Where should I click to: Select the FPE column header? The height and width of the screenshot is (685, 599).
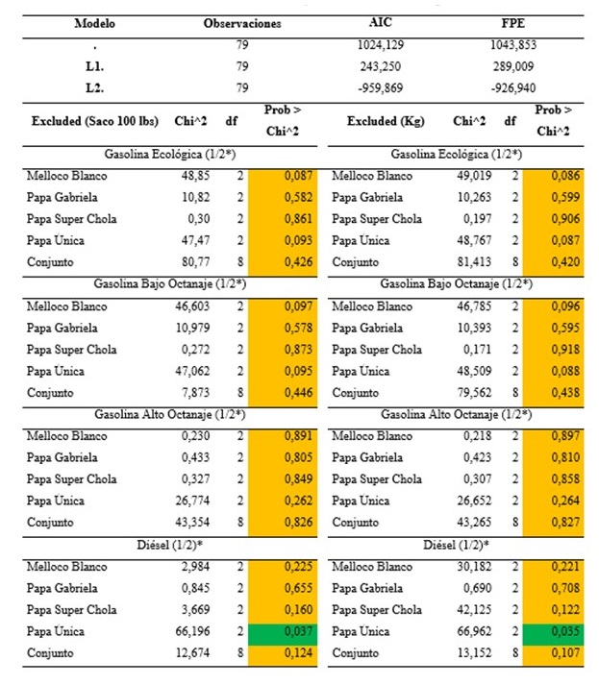click(x=511, y=23)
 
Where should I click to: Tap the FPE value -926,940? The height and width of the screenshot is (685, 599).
click(x=512, y=87)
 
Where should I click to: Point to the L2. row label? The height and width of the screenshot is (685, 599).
click(x=93, y=87)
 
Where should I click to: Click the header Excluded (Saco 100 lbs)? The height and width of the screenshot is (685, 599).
click(x=87, y=122)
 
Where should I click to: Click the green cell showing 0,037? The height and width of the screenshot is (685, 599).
click(x=277, y=631)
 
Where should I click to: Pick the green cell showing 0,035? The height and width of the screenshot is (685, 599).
click(x=556, y=631)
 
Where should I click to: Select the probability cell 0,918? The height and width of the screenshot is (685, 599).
click(x=556, y=349)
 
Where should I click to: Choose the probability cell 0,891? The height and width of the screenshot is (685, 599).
click(x=277, y=436)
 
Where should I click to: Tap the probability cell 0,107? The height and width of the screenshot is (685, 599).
click(x=556, y=653)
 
